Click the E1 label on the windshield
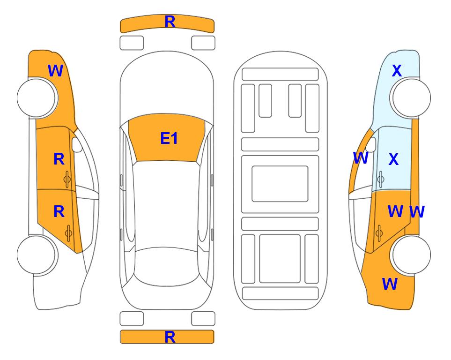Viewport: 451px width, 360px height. pos(169,139)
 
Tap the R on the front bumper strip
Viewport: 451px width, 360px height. pos(170,22)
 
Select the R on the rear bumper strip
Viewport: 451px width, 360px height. pos(170,337)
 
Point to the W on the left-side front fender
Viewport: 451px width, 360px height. pos(55,71)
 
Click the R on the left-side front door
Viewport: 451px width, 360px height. pos(59,159)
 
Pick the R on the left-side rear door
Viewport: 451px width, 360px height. pos(59,212)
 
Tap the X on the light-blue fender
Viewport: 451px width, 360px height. pos(396,71)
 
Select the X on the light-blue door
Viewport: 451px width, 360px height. pos(393,160)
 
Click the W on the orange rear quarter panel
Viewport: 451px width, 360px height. pos(390,284)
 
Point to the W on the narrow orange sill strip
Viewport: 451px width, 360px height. pos(416,212)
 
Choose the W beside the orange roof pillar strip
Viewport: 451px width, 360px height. pos(360,158)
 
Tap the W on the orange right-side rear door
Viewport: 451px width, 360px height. pos(395,211)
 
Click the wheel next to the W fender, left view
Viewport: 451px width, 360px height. pos(37,98)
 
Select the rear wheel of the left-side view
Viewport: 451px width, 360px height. pos(37,255)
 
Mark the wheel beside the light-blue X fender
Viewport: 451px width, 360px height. pos(411,98)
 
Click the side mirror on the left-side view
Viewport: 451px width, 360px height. pos(77,145)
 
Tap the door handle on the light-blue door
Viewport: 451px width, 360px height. pos(380,179)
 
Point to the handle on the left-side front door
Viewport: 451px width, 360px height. pos(67,179)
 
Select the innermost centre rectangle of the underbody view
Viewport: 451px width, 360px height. pos(280,183)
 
